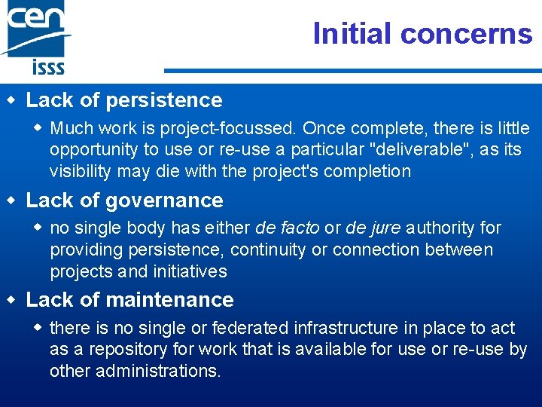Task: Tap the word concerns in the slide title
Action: (x=466, y=34)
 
